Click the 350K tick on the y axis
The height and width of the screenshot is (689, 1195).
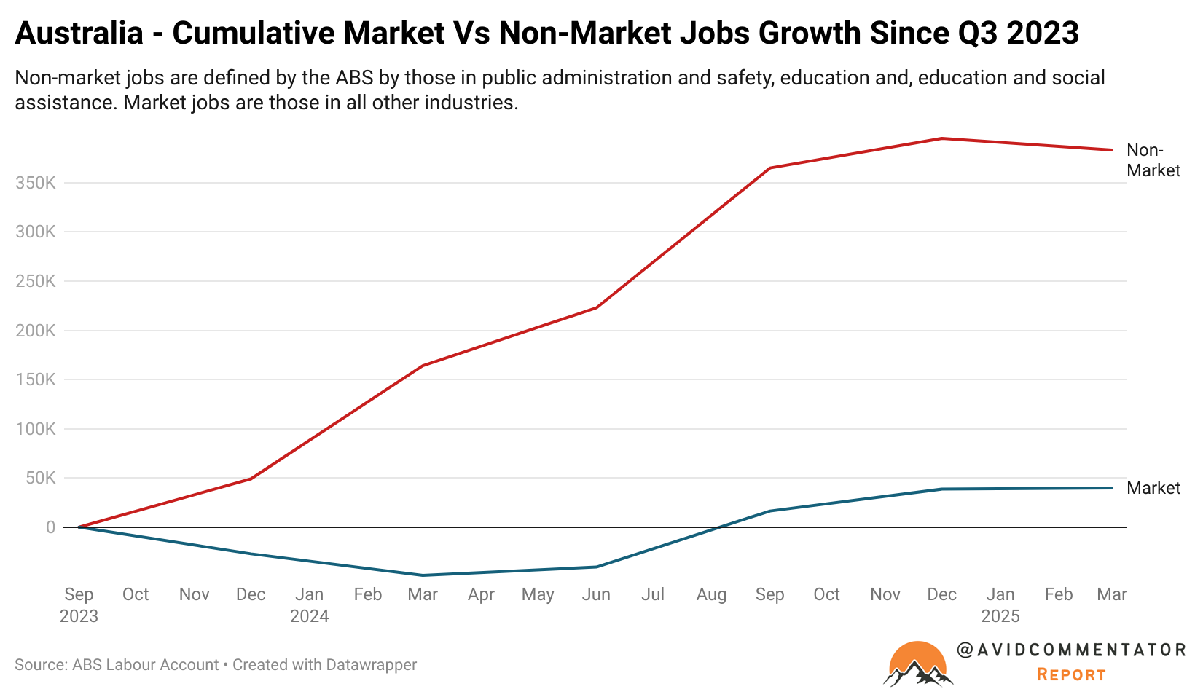coord(35,183)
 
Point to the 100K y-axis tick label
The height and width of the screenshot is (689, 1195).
coord(35,429)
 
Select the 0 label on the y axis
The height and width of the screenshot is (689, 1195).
coord(50,527)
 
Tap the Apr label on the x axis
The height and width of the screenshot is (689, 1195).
coord(481,594)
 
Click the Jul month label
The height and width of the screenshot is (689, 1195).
coord(653,594)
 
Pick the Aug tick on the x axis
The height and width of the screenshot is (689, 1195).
coord(711,594)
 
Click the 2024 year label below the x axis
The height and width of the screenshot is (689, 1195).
coord(310,616)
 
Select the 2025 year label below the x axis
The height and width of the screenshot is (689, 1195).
coord(1000,616)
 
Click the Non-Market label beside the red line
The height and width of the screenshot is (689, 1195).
coord(1153,160)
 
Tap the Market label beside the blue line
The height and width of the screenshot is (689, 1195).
coord(1153,488)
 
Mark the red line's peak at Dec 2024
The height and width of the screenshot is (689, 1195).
coord(941,138)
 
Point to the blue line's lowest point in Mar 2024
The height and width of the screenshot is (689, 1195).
coord(423,575)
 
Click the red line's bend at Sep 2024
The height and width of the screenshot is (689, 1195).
coord(769,168)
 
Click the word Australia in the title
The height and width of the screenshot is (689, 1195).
coord(79,34)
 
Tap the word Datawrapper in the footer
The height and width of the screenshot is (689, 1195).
coord(371,665)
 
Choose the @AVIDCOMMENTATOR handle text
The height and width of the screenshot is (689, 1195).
coord(1071,650)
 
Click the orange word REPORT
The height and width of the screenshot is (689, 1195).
coord(1071,674)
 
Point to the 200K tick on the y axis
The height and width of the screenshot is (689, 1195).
coord(35,331)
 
